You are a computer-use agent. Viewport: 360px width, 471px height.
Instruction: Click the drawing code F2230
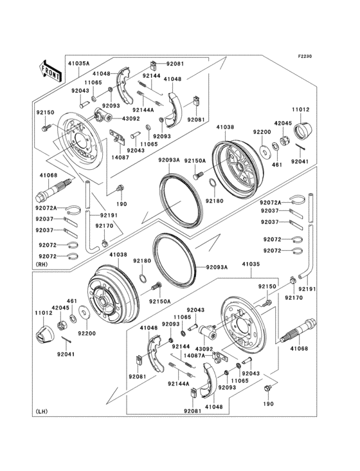(305, 56)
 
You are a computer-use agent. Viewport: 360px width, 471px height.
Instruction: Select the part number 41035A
(79, 64)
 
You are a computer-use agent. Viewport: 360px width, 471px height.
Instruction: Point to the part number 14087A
(194, 355)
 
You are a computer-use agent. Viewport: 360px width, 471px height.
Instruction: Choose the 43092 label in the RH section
(131, 119)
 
